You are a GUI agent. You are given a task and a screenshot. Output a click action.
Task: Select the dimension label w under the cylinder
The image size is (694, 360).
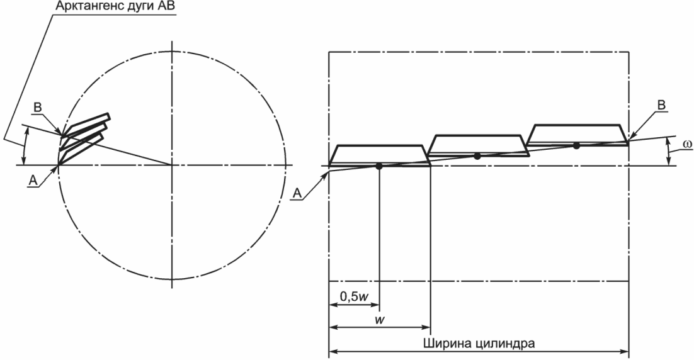[x=379, y=320]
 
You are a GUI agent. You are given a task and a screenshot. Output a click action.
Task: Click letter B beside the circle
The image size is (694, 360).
[x=38, y=108]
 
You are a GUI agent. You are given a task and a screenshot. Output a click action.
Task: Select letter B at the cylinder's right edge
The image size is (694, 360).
[x=662, y=105]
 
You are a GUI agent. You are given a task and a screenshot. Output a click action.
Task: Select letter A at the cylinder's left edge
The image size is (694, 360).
[x=297, y=193]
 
